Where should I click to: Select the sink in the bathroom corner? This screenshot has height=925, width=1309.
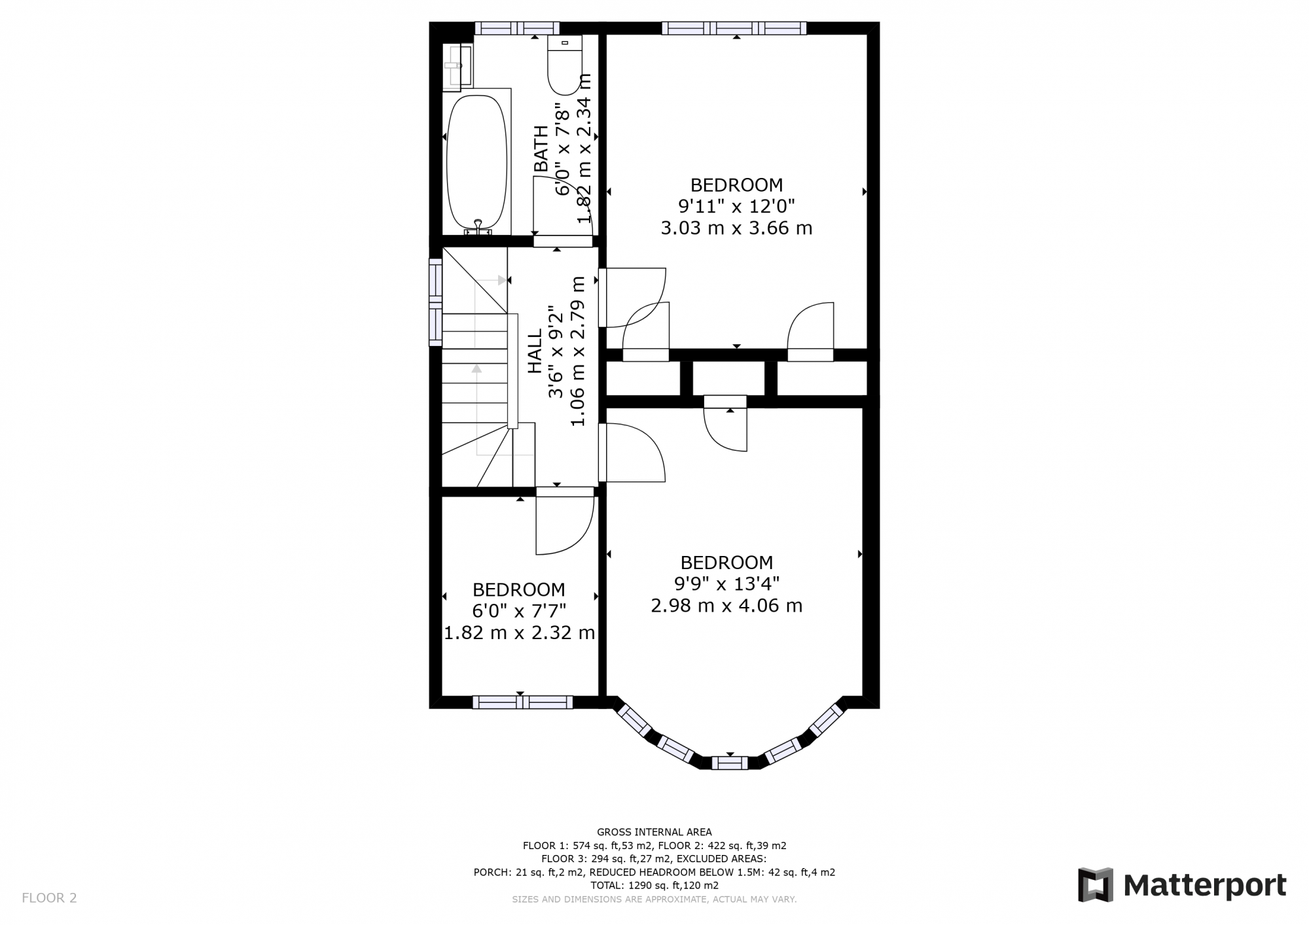click(457, 65)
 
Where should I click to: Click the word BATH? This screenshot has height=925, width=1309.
click(541, 149)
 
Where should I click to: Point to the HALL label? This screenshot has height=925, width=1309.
click(535, 351)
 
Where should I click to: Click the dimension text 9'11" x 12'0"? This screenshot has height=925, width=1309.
click(736, 207)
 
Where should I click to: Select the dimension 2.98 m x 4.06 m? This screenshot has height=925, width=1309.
click(726, 606)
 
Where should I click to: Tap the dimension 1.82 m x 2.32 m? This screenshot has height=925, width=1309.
click(519, 633)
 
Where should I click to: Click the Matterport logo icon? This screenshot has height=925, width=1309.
click(1096, 884)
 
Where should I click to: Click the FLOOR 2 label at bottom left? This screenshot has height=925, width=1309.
click(49, 898)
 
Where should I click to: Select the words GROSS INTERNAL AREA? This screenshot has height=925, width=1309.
click(654, 832)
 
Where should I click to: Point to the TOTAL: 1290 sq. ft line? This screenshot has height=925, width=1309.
click(654, 885)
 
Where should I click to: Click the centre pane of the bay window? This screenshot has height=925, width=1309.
click(730, 762)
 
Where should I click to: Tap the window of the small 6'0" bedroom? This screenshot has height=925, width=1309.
click(522, 702)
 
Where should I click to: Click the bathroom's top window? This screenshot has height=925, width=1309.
click(517, 28)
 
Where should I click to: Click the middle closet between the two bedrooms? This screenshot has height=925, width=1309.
click(728, 378)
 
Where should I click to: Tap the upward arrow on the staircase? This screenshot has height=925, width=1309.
click(476, 370)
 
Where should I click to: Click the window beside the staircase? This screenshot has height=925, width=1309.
click(435, 302)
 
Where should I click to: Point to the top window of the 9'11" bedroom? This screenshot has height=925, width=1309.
click(734, 28)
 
